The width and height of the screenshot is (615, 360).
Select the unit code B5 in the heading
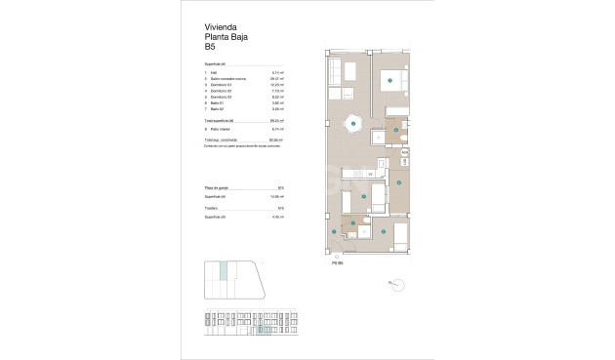(x=210, y=46)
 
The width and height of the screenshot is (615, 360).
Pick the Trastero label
(x=212, y=209)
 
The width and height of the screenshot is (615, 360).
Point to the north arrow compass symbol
(x=397, y=284)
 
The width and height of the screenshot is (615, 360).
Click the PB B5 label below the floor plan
(x=337, y=261)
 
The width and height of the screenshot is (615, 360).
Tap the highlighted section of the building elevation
(x=264, y=326)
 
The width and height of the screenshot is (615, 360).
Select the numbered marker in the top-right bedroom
(x=389, y=79)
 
